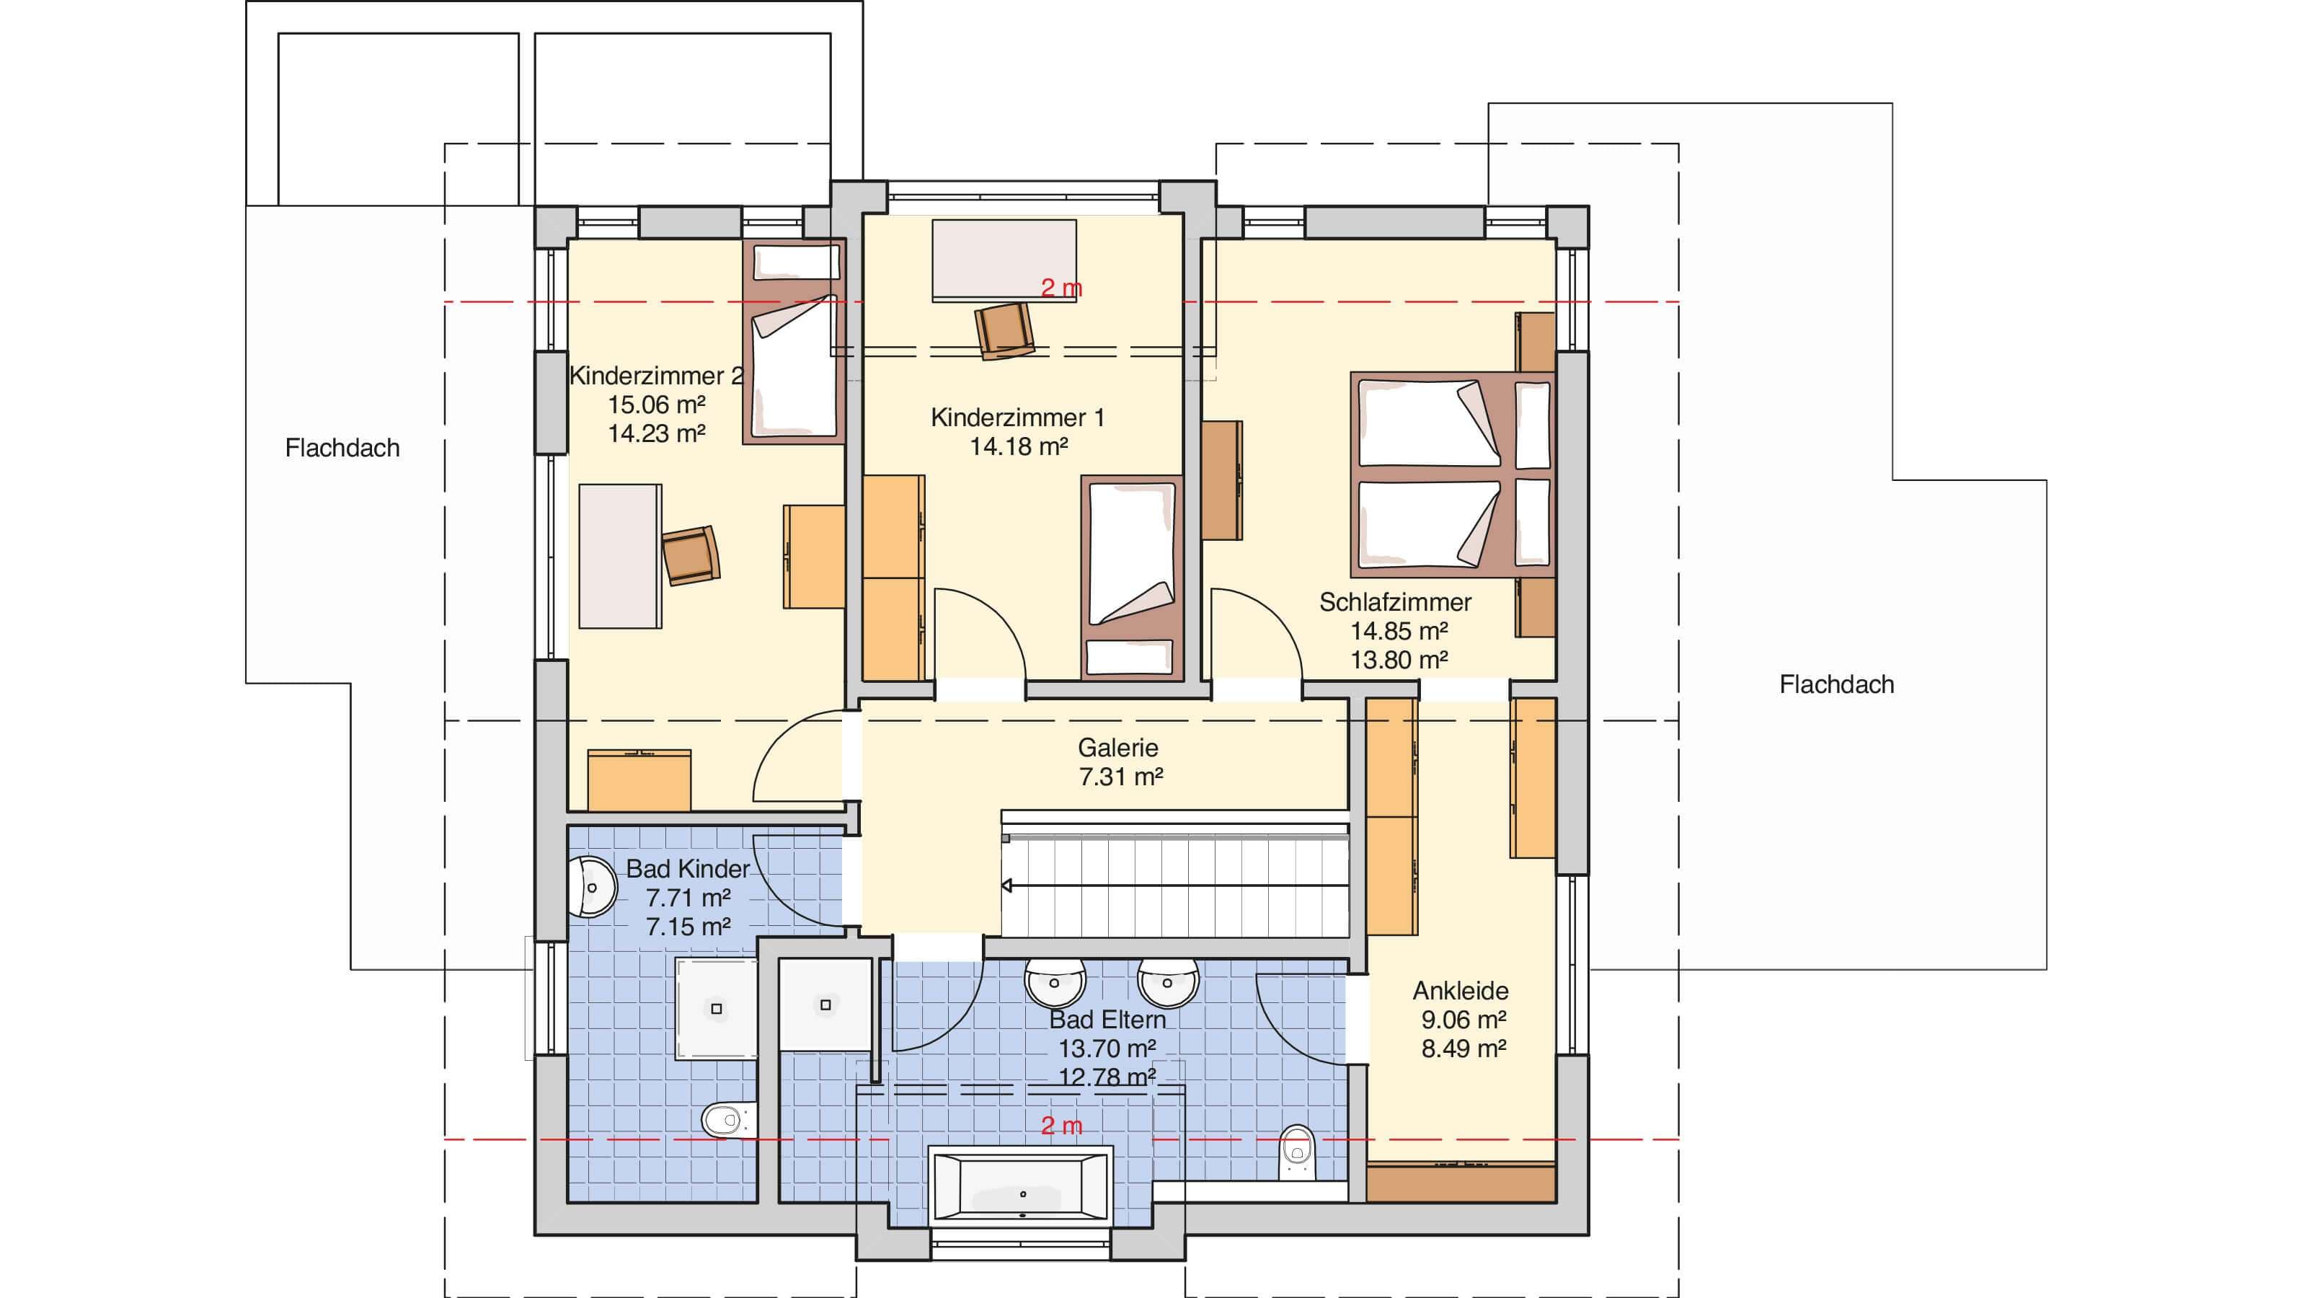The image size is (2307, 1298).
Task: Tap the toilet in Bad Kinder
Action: coord(725,1120)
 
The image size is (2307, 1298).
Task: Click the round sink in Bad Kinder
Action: coord(592,887)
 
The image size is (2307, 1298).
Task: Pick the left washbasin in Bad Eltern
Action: coord(1055,984)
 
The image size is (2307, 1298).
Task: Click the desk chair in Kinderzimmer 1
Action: coord(1005,330)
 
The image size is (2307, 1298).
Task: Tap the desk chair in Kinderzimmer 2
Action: coord(691,555)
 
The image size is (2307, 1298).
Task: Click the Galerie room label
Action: coord(1117,747)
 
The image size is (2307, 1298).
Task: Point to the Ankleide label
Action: coord(1461,991)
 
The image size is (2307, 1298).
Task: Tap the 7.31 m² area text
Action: coord(1120,776)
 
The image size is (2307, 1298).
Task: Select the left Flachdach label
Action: coord(342,448)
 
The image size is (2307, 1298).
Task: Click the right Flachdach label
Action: coord(1837,684)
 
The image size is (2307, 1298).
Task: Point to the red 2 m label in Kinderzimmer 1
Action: coord(1061,288)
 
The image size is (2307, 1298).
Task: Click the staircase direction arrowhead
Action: coord(1006,886)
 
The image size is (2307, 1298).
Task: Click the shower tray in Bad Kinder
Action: coord(716,1009)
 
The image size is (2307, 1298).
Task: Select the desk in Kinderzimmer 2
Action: coord(620,556)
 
